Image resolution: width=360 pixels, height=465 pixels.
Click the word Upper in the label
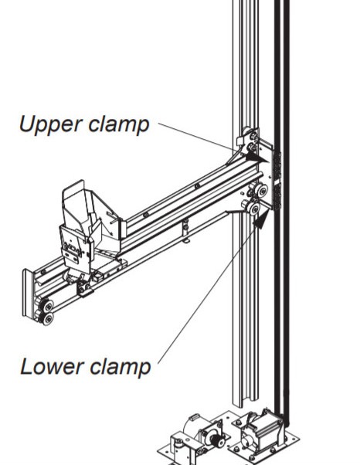click(x=51, y=124)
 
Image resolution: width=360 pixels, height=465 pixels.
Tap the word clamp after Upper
click(x=119, y=124)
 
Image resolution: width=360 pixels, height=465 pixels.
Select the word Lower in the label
click(x=52, y=367)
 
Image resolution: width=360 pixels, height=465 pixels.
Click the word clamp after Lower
click(x=121, y=368)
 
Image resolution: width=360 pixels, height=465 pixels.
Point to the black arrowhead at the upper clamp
click(x=257, y=158)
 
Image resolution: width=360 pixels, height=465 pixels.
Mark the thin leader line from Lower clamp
click(x=208, y=292)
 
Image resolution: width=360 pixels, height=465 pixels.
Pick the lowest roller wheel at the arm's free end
click(x=47, y=319)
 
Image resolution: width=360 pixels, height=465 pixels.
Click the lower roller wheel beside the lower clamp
click(x=254, y=209)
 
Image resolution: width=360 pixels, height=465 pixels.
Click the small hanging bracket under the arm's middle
click(x=185, y=231)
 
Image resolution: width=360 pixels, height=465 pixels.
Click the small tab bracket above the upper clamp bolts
click(x=241, y=141)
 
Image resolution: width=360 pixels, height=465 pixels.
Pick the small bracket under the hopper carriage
click(x=83, y=288)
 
